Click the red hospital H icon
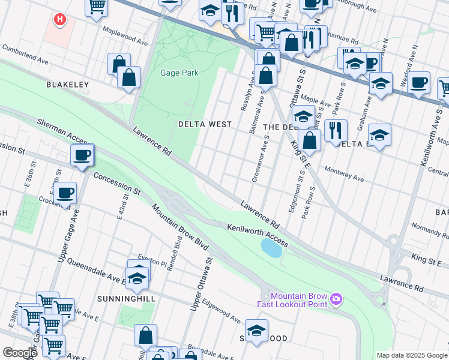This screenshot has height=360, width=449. coord(59,20)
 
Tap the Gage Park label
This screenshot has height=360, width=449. coord(179,73)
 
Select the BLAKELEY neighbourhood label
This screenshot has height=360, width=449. coord(67,85)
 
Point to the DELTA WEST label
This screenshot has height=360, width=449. coord(205,124)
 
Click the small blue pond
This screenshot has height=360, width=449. coord(271,247)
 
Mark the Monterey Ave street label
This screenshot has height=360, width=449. coord(343,179)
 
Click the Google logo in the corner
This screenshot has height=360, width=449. coord(20,353)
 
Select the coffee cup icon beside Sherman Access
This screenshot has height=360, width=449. coord(82,155)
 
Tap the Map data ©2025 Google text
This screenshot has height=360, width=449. coord(411,355)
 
